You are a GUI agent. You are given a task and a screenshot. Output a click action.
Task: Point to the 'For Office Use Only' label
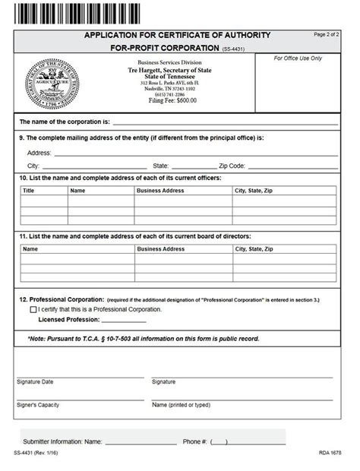point(298,58)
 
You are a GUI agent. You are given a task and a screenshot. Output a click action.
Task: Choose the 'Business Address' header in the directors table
point(160,248)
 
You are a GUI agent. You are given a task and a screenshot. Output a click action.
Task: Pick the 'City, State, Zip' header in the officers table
point(254,191)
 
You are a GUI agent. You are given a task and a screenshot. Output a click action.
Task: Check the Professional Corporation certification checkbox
point(33,310)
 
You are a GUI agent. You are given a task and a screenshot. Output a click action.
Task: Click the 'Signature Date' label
point(35,381)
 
